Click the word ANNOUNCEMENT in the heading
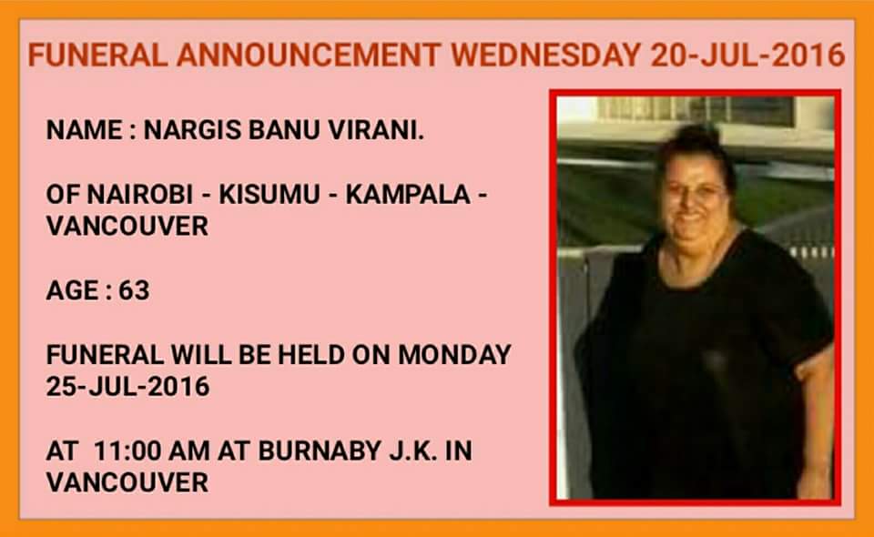coord(309,56)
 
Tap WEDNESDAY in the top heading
coord(546,56)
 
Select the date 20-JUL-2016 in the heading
coord(747,56)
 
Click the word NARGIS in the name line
coord(193,130)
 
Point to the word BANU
coord(284,130)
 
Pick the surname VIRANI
coord(376,130)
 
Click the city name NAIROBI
coord(140,195)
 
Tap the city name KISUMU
coord(269,195)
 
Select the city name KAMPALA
coord(408,195)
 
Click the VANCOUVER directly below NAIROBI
coord(127,226)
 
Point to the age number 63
coord(134,290)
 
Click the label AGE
coord(73,290)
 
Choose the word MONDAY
coord(454,355)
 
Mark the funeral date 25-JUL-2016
coord(127,387)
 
